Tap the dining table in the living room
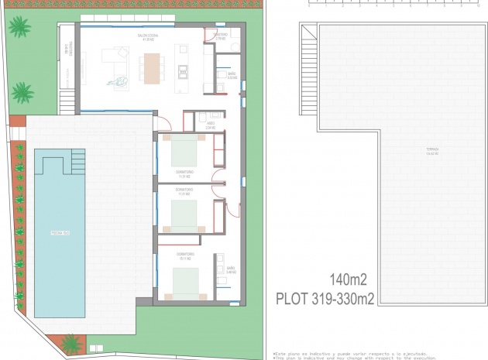pos(152,67)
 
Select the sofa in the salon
pos(120,59)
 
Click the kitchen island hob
pos(183,72)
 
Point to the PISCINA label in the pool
pos(60,232)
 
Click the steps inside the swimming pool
pos(77,162)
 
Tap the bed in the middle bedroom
pos(184,216)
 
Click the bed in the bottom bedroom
pos(185,283)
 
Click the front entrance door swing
pos(163,122)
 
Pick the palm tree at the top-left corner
pos(19,27)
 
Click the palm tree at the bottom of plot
pos(72,342)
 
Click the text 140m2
pos(348,279)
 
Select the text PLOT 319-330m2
pos(325,298)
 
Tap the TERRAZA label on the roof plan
pos(431,150)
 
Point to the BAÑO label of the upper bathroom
pos(231,75)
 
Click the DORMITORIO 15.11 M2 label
pos(184,256)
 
